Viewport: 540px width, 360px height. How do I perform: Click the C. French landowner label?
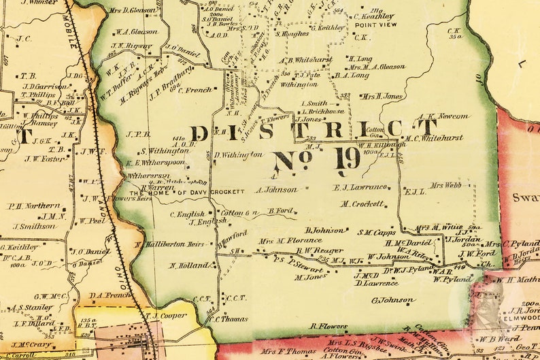click(x=195, y=90)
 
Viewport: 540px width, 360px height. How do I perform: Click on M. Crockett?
click(x=362, y=203)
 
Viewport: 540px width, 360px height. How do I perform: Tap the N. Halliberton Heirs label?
click(x=169, y=244)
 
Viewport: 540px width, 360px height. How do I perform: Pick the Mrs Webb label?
click(x=445, y=184)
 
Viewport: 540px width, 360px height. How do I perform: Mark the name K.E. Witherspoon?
click(x=157, y=163)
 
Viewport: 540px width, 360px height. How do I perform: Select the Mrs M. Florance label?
click(x=290, y=240)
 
